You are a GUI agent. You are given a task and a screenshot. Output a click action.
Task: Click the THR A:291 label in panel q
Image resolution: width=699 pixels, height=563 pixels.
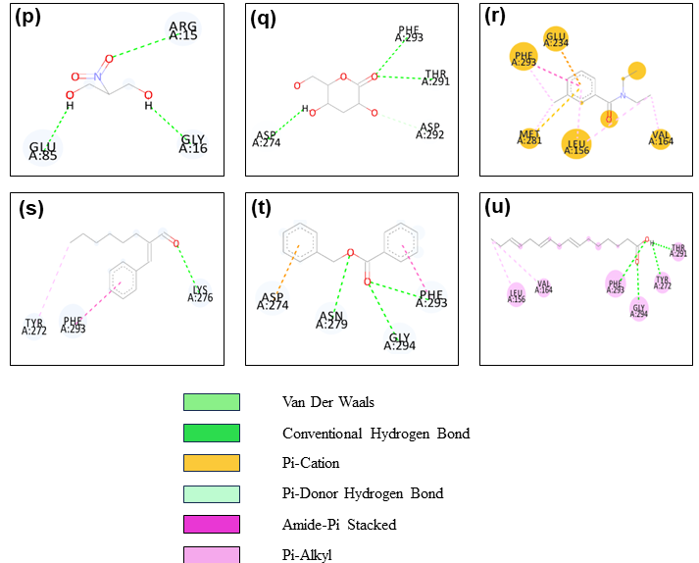point(434,77)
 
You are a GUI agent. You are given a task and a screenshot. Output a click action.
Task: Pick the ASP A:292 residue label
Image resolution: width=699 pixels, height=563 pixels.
point(429,130)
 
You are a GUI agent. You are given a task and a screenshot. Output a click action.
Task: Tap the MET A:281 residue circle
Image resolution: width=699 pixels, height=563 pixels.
point(529,138)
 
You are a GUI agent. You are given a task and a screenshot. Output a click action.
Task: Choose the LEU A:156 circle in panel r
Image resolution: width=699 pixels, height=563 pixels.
point(576,145)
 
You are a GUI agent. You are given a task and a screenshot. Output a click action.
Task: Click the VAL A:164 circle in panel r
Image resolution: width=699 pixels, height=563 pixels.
point(661,138)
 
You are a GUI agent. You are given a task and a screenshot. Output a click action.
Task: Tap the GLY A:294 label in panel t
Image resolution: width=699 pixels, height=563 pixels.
point(399,339)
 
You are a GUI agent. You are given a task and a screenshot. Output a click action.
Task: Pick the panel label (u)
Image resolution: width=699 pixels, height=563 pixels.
point(497,208)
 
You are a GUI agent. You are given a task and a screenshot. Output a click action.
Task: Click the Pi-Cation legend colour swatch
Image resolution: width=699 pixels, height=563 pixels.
point(211,463)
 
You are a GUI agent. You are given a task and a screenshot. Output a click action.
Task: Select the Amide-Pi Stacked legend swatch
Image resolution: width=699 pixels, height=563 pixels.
point(211,524)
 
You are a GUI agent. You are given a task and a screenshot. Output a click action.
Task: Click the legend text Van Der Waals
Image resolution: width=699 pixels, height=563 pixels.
point(328,402)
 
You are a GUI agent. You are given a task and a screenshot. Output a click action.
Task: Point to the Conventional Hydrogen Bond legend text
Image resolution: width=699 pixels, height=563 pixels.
point(375,433)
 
